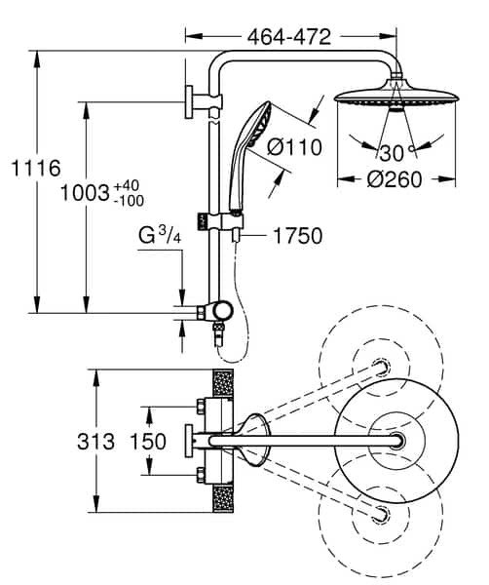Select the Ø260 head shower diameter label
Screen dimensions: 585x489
(x=395, y=179)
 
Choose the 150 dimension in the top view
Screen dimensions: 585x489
(x=148, y=442)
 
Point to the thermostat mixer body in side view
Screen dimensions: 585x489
(x=215, y=312)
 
